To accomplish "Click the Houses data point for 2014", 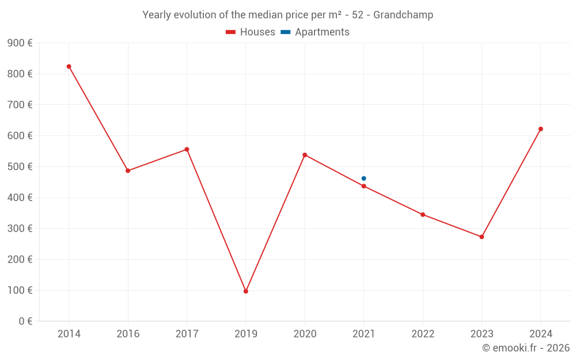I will [69, 66].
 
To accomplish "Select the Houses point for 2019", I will [246, 291].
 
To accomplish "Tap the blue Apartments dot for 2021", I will [363, 179].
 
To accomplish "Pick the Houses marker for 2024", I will [540, 129].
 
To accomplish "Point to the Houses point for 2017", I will [187, 149].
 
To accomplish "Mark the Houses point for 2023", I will [482, 237].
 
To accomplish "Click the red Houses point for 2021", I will [363, 186].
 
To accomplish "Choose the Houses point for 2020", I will [305, 155].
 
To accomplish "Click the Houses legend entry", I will [251, 32].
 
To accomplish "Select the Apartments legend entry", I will [315, 32].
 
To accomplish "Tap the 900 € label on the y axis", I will [20, 43].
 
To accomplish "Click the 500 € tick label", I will [20, 167].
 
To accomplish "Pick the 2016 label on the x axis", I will [128, 334].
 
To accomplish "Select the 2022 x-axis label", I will [423, 334].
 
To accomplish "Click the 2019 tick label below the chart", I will [246, 334].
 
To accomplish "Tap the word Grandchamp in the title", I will [403, 15].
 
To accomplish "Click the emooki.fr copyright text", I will [525, 348].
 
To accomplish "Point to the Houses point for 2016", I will [128, 170].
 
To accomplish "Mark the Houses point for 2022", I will [423, 214].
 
